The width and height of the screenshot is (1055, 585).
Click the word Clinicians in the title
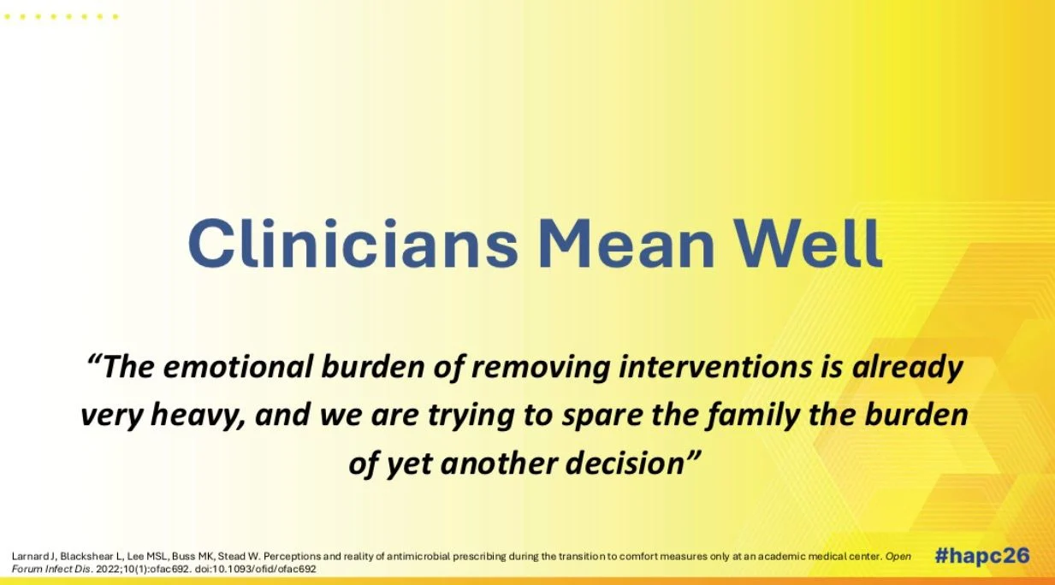click(353, 243)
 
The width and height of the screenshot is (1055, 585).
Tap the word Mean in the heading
click(626, 243)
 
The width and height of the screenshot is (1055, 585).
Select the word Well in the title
click(807, 243)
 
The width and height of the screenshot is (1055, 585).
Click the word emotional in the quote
click(238, 367)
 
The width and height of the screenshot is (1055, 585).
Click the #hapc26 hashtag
click(982, 556)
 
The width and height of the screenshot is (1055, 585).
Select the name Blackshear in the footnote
click(87, 556)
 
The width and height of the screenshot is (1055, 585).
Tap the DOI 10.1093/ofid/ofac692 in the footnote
click(265, 569)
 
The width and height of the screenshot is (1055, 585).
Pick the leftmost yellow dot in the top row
click(8, 17)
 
